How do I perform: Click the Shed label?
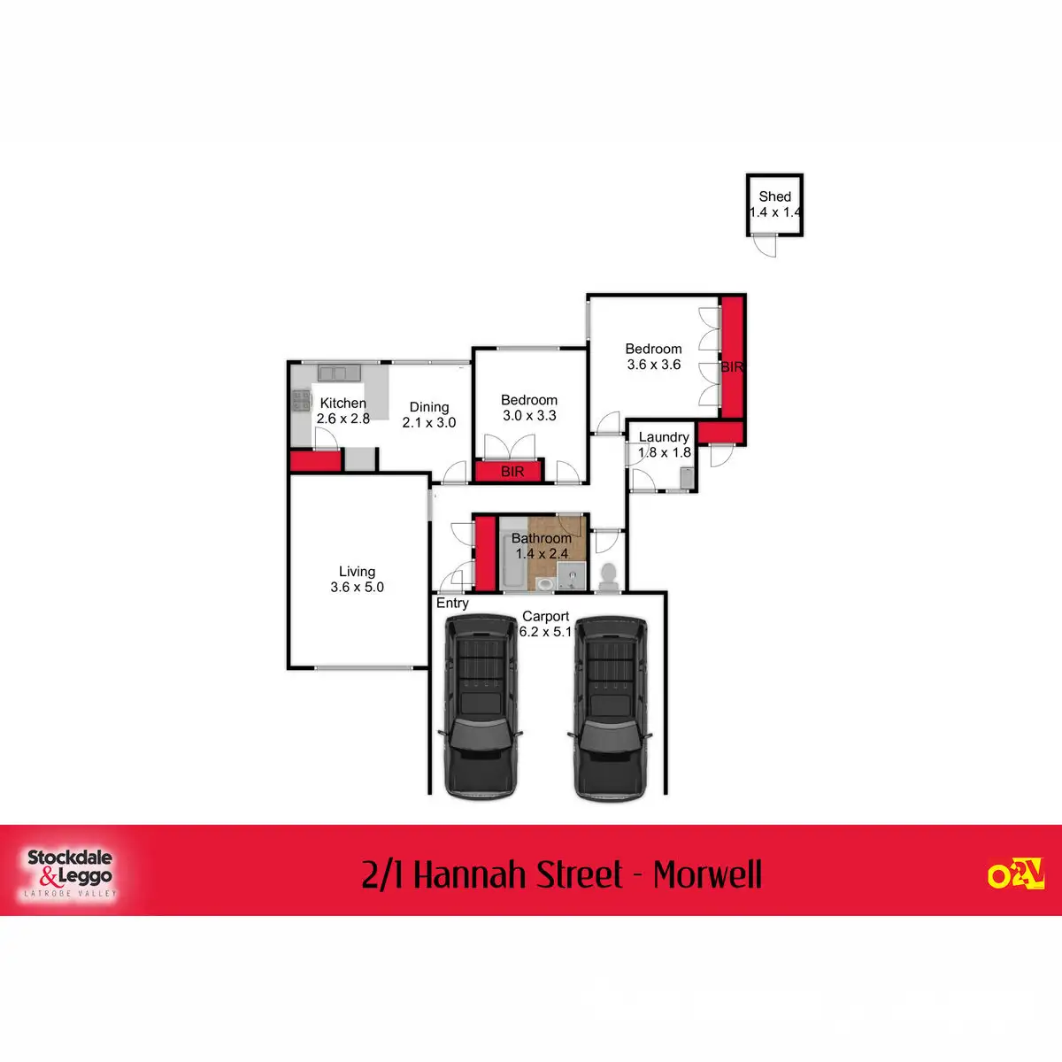pyautogui.click(x=774, y=196)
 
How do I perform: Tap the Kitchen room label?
pyautogui.click(x=343, y=403)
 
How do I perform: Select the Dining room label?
pyautogui.click(x=429, y=407)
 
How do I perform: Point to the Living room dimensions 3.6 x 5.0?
pyautogui.click(x=358, y=587)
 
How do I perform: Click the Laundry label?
pyautogui.click(x=664, y=437)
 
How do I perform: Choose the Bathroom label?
pyautogui.click(x=541, y=538)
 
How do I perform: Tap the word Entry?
pyautogui.click(x=452, y=603)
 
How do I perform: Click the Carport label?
pyautogui.click(x=545, y=616)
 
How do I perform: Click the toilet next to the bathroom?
pyautogui.click(x=608, y=577)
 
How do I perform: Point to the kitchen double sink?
pyautogui.click(x=336, y=373)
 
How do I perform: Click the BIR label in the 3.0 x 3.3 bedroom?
pyautogui.click(x=513, y=472)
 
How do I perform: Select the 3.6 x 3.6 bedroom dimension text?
pyautogui.click(x=654, y=365)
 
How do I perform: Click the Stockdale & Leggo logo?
pyautogui.click(x=69, y=873)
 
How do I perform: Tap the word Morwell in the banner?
pyautogui.click(x=707, y=875)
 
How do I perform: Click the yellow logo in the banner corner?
pyautogui.click(x=1015, y=873)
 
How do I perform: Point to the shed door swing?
pyautogui.click(x=765, y=247)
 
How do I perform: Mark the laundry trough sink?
pyautogui.click(x=686, y=480)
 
